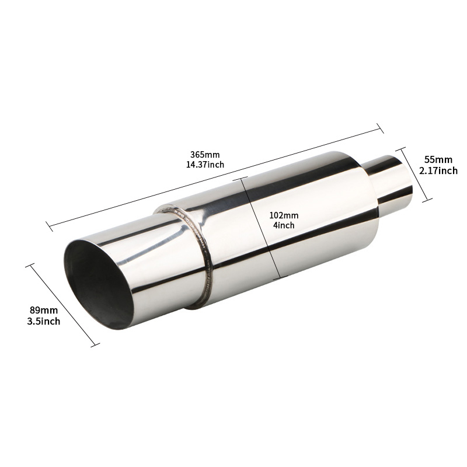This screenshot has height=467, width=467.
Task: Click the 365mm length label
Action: click(x=205, y=155)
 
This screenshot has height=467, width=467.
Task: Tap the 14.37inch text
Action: click(x=205, y=165)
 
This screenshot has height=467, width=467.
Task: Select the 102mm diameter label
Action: click(x=284, y=215)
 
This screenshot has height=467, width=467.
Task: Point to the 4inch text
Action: click(x=284, y=225)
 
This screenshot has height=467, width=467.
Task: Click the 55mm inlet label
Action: click(x=438, y=160)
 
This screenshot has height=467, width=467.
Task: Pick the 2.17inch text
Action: click(x=438, y=170)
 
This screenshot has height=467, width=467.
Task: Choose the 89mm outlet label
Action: click(x=44, y=311)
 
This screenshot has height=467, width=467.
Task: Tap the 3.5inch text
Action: click(x=44, y=321)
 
